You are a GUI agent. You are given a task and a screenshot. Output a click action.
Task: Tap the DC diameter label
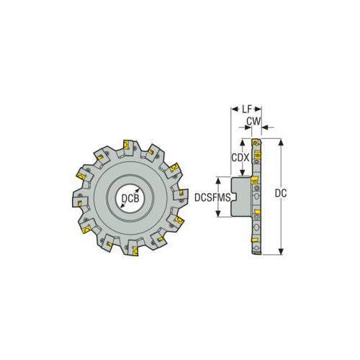[283, 193]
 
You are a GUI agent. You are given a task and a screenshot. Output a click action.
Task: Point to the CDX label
[240, 156]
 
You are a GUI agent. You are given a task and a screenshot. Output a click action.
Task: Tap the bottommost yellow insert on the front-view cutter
[132, 251]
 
